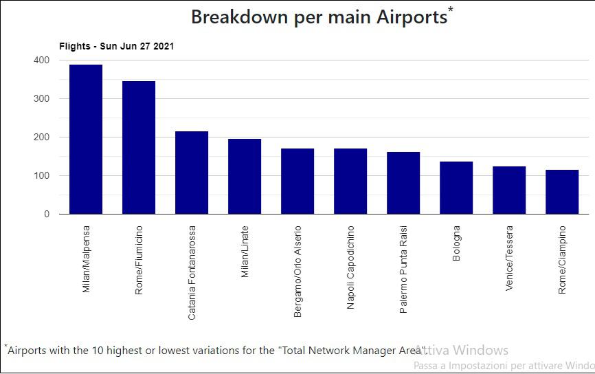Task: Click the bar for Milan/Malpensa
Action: point(86,140)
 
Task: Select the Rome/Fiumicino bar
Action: point(139,148)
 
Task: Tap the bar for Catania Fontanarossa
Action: point(192,173)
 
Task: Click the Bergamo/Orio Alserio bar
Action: point(297,181)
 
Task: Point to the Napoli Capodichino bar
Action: point(350,181)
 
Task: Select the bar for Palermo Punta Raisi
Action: point(403,183)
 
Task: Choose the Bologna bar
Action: point(456,188)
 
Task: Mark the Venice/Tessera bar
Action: point(509,190)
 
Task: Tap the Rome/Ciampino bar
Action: point(562,192)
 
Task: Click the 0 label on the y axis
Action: point(47,214)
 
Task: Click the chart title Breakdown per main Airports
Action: point(319,17)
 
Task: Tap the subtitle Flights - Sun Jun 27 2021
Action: point(116,47)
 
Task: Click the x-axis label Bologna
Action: point(457,243)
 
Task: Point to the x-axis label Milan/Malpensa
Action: point(86,259)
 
